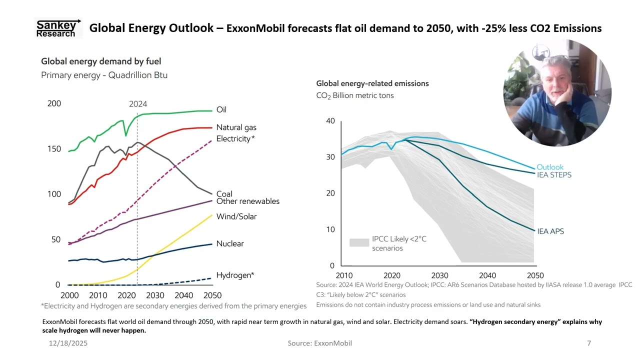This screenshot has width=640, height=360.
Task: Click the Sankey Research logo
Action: coord(58,28)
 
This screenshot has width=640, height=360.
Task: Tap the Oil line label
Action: coord(221,109)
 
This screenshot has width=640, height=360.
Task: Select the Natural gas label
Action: coord(236,127)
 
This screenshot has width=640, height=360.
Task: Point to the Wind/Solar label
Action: coord(236,216)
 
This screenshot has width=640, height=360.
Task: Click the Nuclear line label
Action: coord(230,243)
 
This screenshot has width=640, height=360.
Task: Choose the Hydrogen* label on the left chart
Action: coord(235,275)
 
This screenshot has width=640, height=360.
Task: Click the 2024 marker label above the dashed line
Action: coord(138,104)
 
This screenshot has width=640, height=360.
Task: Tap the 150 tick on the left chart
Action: coord(54,149)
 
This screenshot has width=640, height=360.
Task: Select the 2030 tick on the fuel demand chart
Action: coord(155,295)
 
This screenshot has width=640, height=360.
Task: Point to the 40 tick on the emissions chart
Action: coord(330,121)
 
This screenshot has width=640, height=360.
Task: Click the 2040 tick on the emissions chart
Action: coord(487,275)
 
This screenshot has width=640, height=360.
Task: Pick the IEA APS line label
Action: coord(550,231)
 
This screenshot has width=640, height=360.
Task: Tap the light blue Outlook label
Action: coord(550,167)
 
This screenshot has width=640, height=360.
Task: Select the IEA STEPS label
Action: coord(554,175)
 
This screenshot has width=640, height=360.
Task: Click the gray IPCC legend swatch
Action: coord(359,242)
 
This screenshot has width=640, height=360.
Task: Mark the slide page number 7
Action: coord(589,343)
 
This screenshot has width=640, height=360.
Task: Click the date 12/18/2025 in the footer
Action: coord(68,343)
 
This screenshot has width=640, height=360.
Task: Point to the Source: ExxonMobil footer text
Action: coord(319,343)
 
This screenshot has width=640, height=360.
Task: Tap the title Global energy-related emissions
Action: coord(372,83)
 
